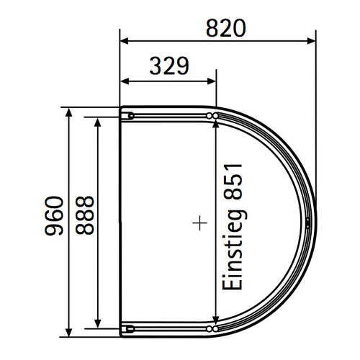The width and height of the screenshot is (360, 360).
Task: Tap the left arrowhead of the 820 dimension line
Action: tap(124, 41)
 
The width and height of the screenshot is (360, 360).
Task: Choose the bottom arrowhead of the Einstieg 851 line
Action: tap(215, 321)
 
